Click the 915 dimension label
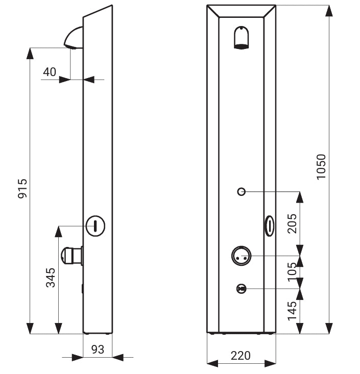tap(22, 188)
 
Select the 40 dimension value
tap(50, 72)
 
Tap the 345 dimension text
tap(51, 278)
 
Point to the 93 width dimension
tap(98, 350)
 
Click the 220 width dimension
tap(241, 356)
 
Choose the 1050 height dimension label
tap(321, 166)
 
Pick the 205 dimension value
tap(292, 223)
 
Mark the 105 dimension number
tap(292, 272)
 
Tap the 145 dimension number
tap(292, 311)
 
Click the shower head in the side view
tap(74, 38)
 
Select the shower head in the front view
tap(242, 37)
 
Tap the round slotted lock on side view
tap(95, 226)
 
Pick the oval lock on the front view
tap(270, 226)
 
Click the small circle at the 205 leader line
tap(242, 191)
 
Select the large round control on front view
tap(242, 256)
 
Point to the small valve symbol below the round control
tap(242, 289)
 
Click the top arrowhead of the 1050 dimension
tap(329, 11)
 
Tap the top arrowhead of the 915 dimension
tap(30, 53)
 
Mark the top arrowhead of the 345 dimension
tap(59, 231)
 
